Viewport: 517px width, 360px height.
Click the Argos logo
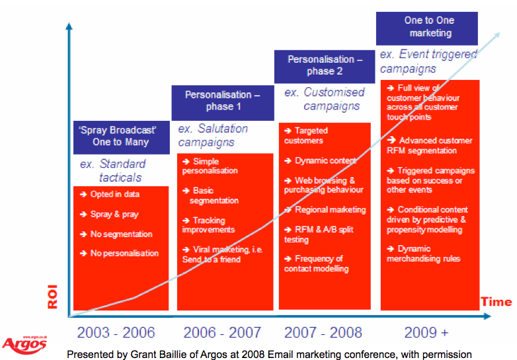point(24,343)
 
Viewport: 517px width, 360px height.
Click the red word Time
point(496,302)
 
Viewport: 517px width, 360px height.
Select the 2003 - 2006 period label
point(117,332)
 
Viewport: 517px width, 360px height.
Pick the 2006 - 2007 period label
point(222,332)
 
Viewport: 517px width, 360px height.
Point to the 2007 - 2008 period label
point(325,332)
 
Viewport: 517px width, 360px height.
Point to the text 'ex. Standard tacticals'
point(113,170)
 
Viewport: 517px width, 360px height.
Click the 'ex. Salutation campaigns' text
point(213,135)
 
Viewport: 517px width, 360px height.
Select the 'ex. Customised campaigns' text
point(325,99)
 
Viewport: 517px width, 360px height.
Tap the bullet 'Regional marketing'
point(325,209)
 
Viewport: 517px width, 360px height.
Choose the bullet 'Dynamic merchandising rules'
point(424,254)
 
